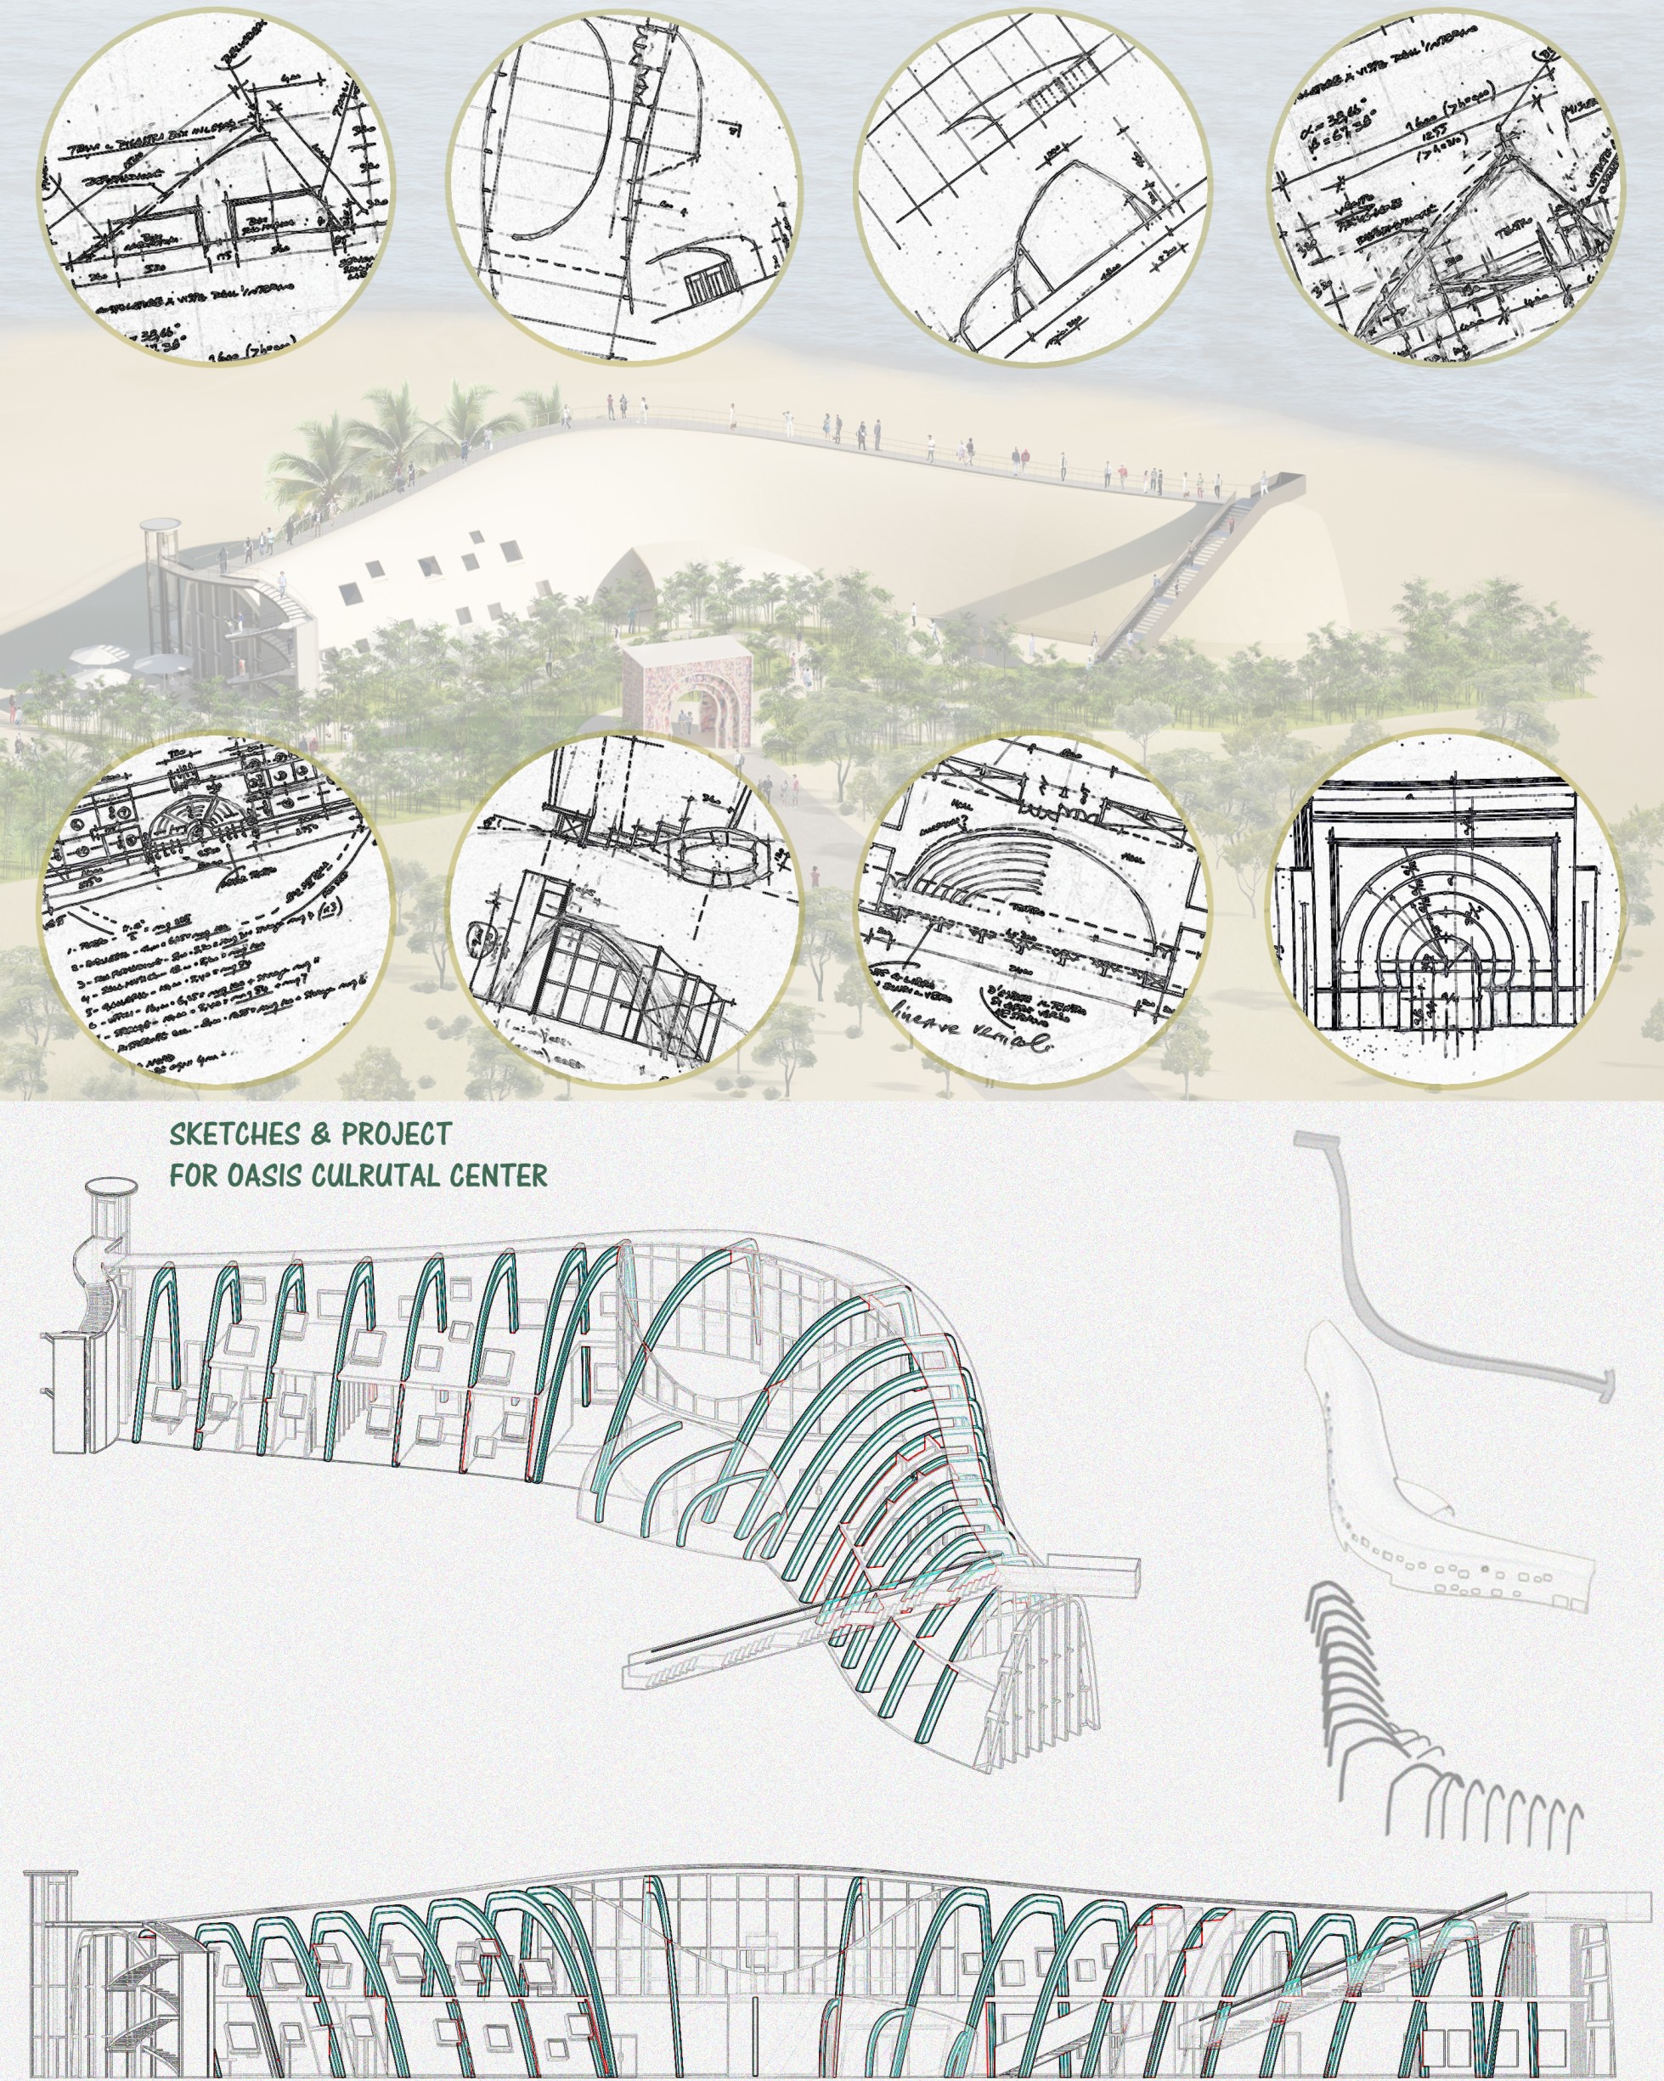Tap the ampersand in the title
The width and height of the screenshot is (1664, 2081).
coord(320,1134)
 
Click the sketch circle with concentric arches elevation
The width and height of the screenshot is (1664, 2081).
coord(1445,908)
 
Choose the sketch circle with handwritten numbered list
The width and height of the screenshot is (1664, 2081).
coord(217,908)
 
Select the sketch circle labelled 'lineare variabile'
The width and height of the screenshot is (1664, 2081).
coord(1033,908)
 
